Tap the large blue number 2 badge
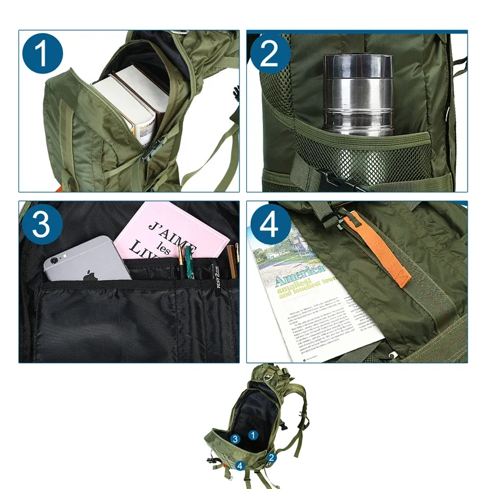pos(269,55)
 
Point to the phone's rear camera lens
pos(56,260)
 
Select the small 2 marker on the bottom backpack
pos(271,456)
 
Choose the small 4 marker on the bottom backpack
pos(240,466)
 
